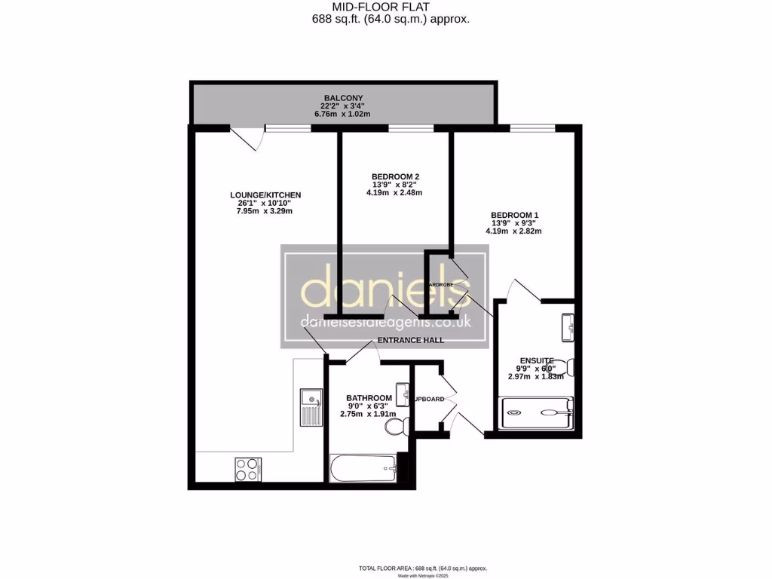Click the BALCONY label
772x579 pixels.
click(344, 98)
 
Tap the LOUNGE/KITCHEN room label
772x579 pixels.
click(265, 195)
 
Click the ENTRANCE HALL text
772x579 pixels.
click(410, 340)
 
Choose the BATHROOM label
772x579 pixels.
click(369, 398)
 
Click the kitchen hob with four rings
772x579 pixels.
click(248, 470)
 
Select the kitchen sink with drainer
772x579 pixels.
click(310, 407)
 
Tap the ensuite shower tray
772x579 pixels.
click(537, 412)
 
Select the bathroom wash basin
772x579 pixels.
click(405, 392)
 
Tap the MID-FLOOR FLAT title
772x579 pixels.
click(391, 8)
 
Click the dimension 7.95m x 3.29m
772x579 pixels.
click(263, 211)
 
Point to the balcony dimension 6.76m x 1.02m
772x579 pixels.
click(343, 114)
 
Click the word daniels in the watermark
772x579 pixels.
click(385, 289)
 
